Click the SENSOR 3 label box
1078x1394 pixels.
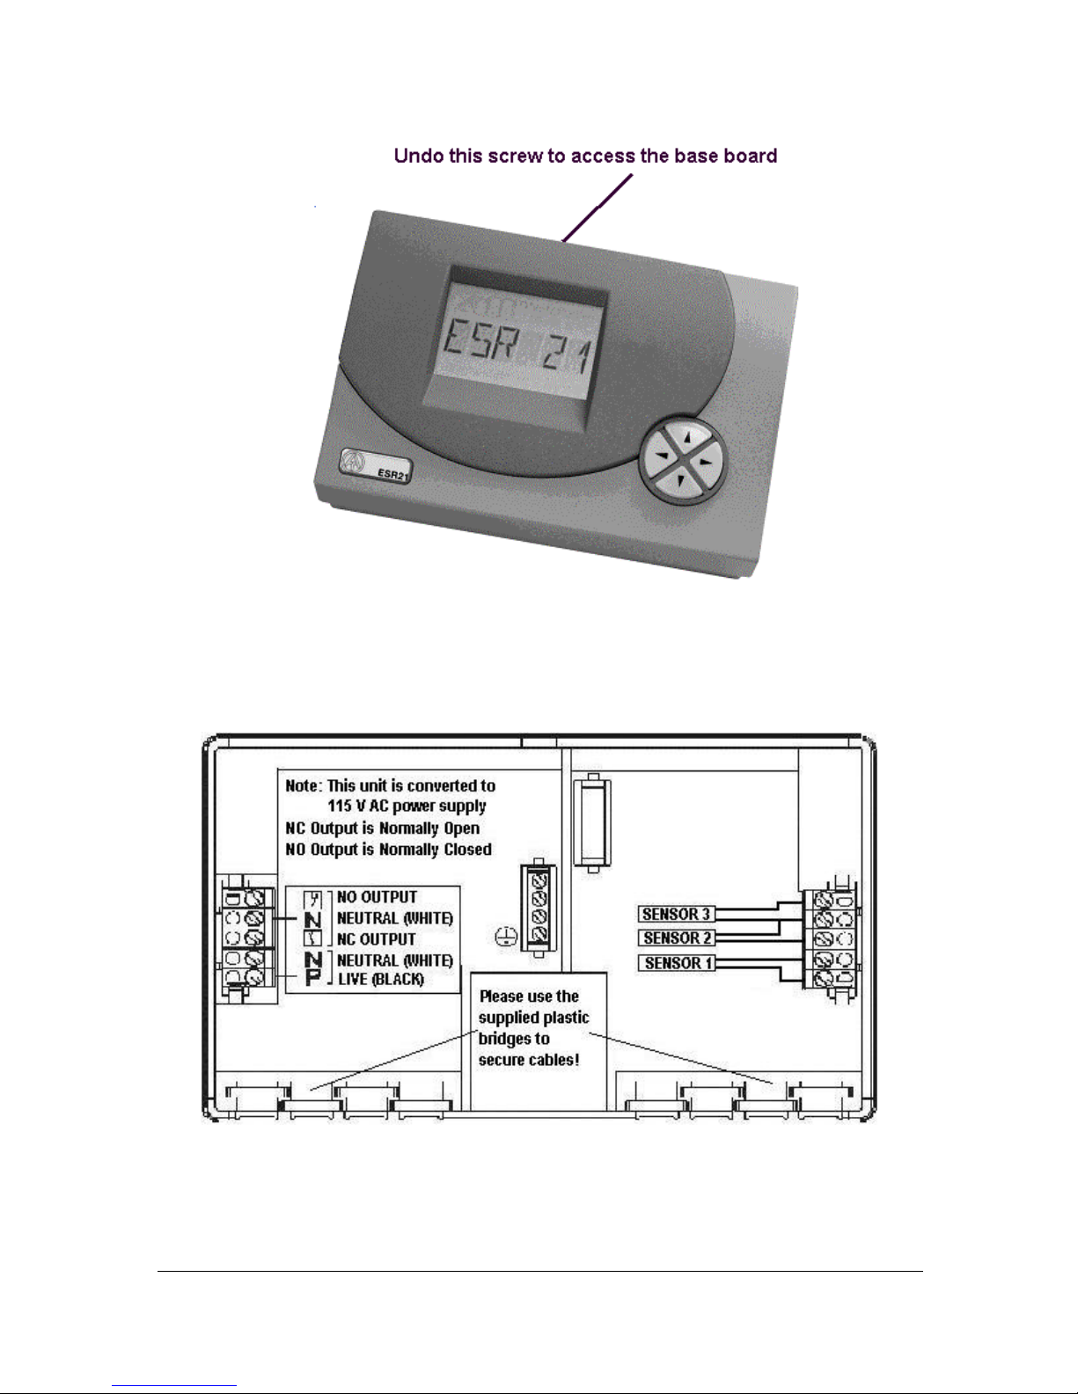point(676,915)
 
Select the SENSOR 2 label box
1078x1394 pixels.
point(676,938)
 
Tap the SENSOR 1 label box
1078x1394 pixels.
point(676,963)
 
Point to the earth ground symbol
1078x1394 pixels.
point(505,938)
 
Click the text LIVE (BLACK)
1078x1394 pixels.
point(381,979)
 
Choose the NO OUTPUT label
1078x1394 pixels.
point(377,897)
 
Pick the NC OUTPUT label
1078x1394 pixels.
point(376,939)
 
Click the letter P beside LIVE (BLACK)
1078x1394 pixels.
point(313,978)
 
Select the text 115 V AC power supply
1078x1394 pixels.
point(407,806)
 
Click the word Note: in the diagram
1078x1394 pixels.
point(304,785)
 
